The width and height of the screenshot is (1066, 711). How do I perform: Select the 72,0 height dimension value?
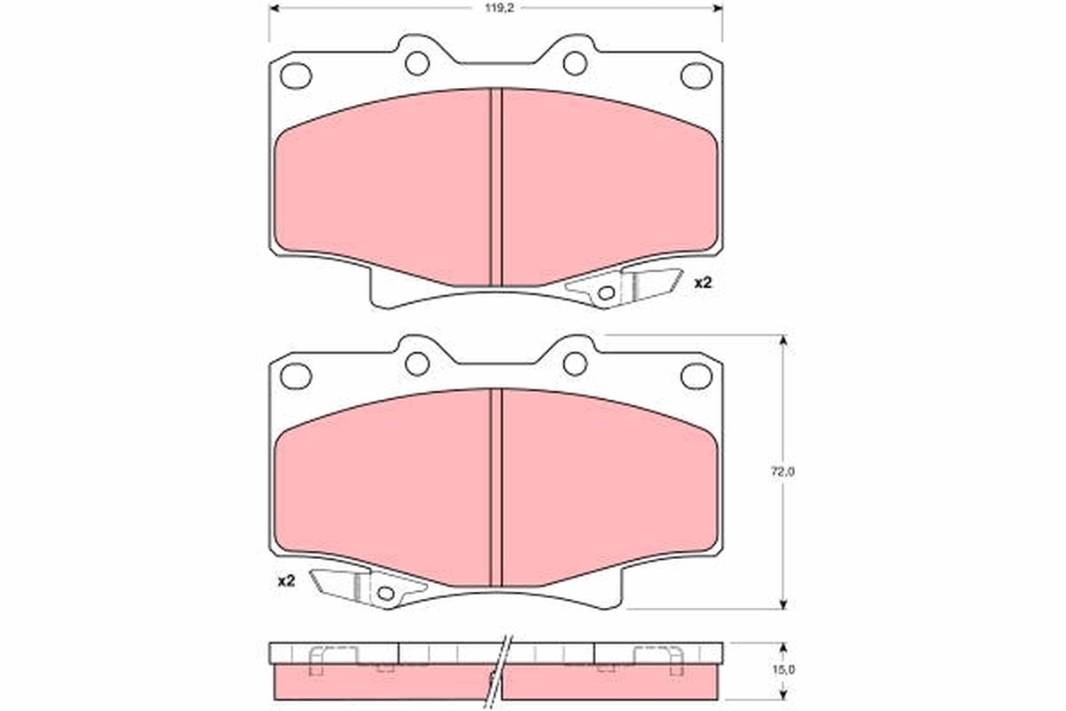[x=782, y=473]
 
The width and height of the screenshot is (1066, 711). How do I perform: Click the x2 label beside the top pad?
[x=703, y=284]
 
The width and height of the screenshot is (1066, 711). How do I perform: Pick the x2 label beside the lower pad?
[x=286, y=581]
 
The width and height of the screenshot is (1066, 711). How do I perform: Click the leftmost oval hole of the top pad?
[x=296, y=76]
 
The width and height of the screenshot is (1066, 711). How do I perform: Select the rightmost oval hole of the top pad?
[x=696, y=76]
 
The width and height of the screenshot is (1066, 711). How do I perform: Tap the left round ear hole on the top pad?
[x=417, y=63]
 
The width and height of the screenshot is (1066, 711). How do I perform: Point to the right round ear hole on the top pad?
[x=575, y=63]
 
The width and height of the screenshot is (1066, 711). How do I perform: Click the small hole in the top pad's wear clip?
[x=606, y=293]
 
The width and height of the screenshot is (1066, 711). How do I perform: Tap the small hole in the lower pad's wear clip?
[x=385, y=593]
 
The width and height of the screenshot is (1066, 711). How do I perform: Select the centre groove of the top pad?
[x=497, y=187]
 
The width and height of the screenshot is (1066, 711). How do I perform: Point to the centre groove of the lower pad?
[x=497, y=489]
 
